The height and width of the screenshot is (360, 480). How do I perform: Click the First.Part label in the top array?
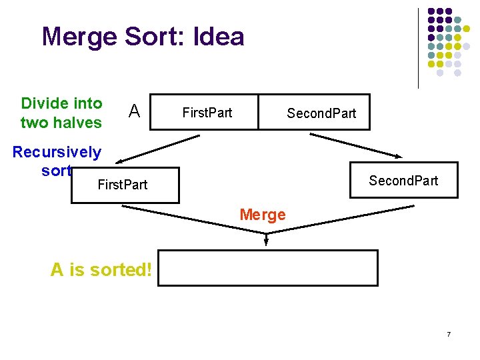click(207, 112)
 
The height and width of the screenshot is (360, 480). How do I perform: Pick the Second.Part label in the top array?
click(321, 113)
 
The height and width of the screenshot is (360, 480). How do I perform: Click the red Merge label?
click(262, 215)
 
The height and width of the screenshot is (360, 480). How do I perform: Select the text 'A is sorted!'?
click(101, 270)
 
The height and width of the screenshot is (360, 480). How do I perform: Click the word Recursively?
click(57, 152)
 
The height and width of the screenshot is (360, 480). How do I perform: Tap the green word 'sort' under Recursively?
click(56, 171)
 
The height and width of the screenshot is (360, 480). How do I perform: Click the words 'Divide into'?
click(62, 103)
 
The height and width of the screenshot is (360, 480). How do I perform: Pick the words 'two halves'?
click(61, 123)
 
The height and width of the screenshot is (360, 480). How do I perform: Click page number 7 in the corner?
click(449, 333)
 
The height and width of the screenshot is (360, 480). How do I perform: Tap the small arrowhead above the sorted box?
click(267, 241)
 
